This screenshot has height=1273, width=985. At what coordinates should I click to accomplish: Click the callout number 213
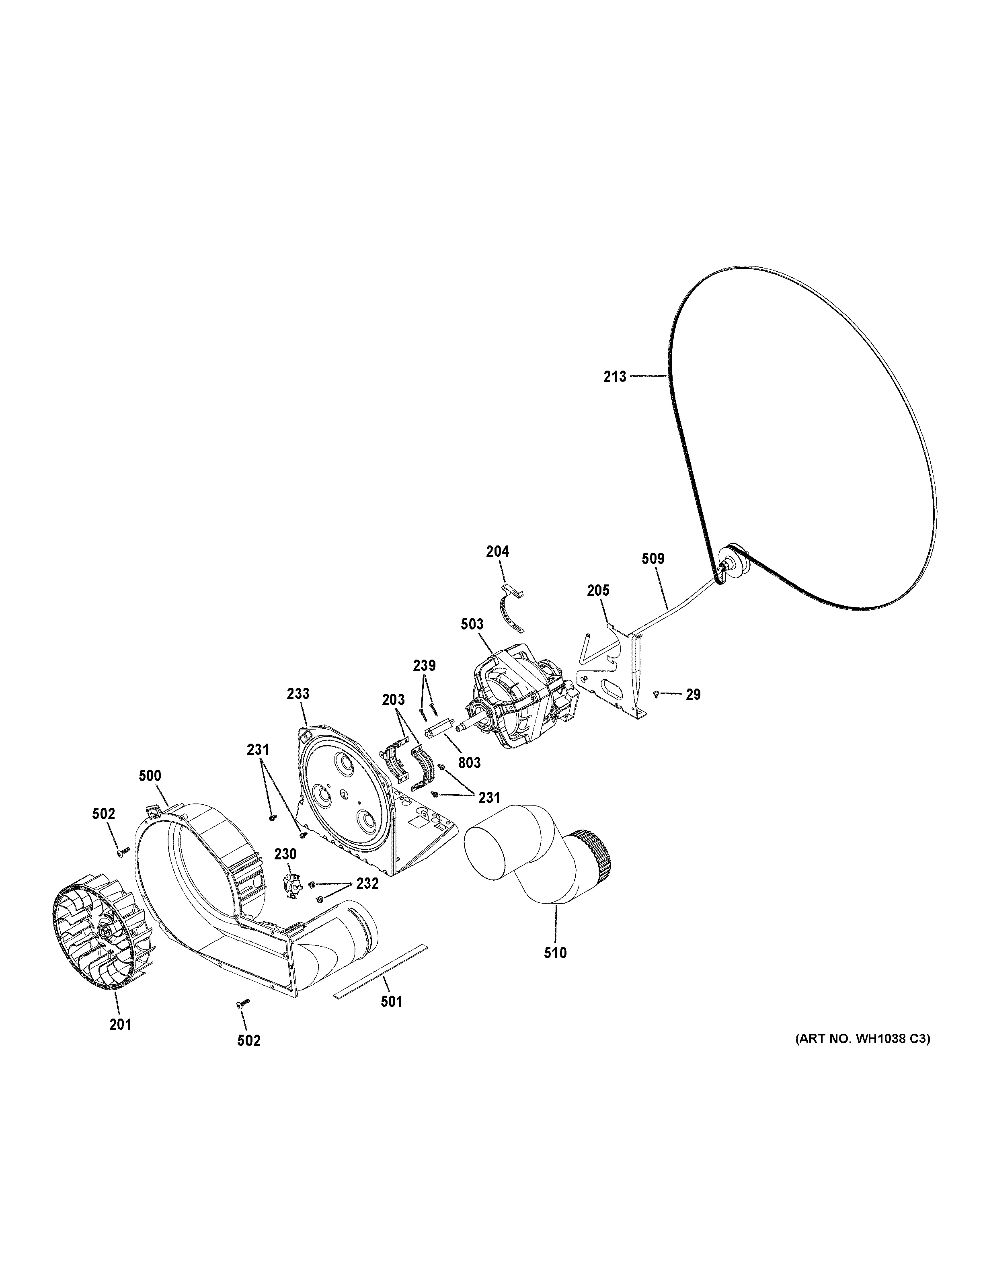click(615, 377)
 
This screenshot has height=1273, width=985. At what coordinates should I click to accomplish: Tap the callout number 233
click(298, 694)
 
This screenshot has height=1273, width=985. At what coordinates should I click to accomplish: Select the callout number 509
click(653, 558)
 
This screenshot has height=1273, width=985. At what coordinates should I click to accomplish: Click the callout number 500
click(150, 776)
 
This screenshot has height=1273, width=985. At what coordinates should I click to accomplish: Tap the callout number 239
click(424, 665)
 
